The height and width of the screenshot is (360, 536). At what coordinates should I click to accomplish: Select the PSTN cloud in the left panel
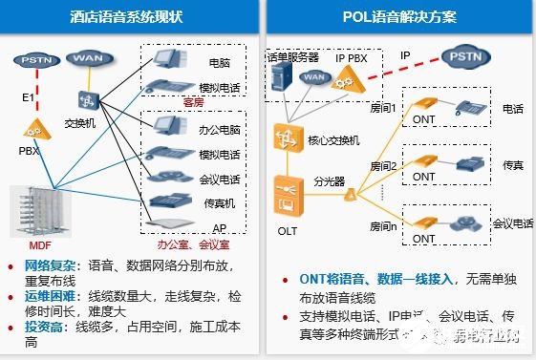click(36, 61)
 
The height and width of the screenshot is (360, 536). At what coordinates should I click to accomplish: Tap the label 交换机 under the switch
click(81, 123)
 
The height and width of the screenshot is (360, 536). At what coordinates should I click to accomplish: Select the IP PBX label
click(354, 59)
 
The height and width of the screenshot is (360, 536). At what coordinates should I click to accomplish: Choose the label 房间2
click(385, 165)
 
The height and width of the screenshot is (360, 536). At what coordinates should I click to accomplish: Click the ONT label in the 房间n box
click(424, 237)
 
